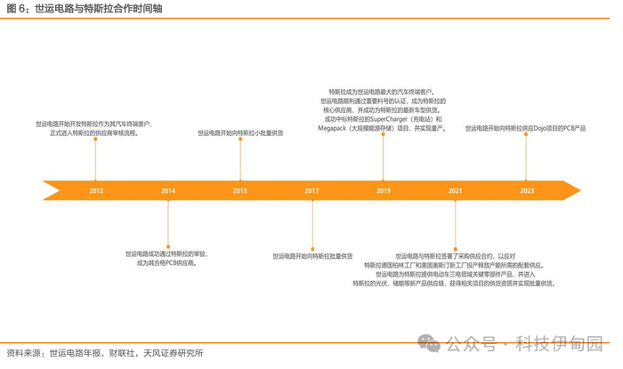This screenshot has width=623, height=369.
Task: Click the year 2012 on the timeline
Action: click(96, 190)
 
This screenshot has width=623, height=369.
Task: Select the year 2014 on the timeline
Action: click(168, 190)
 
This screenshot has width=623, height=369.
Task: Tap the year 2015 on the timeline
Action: click(240, 190)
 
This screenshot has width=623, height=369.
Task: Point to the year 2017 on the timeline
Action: click(311, 190)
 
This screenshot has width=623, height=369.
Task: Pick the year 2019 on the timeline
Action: click(384, 190)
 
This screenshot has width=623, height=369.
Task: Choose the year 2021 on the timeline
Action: click(455, 190)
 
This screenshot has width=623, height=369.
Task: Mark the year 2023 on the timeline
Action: click(527, 190)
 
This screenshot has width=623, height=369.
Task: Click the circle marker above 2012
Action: click(96, 140)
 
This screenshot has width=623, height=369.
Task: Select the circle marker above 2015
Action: click(240, 140)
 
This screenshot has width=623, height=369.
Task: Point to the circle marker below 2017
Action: click(311, 246)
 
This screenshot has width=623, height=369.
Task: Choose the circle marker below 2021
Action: click(455, 246)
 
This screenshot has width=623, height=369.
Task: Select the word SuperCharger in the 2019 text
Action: click(388, 118)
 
